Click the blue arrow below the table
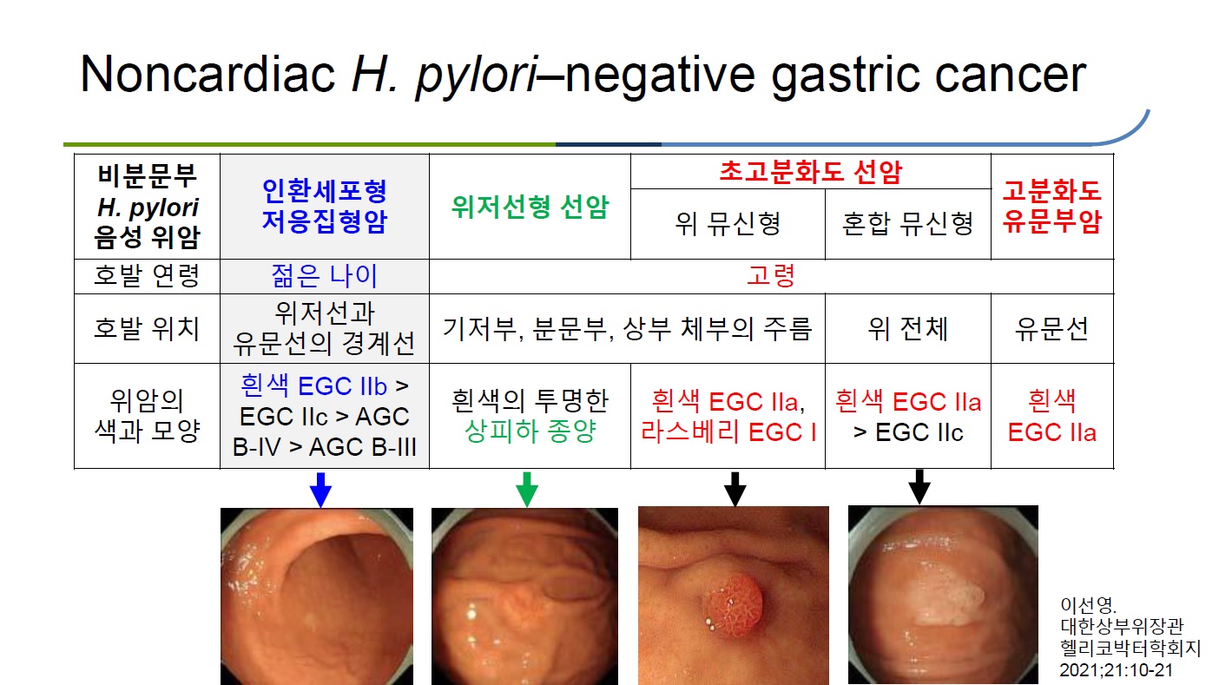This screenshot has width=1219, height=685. (320, 490)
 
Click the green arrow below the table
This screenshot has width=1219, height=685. (526, 489)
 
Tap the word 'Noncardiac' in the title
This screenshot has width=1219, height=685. (208, 74)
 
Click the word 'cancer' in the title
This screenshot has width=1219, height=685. (1010, 75)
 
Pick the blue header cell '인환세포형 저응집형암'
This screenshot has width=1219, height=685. (325, 207)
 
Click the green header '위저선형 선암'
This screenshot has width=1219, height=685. (530, 207)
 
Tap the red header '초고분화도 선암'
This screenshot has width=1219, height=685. (810, 172)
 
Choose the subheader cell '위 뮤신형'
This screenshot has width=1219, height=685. (728, 224)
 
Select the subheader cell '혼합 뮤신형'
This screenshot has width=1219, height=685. (907, 224)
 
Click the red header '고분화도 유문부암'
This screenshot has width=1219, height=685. (1052, 207)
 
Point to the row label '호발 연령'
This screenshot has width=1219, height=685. (147, 276)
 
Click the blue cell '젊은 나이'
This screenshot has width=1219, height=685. (325, 276)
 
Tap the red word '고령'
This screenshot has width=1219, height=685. (771, 276)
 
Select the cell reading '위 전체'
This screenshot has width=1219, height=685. (907, 329)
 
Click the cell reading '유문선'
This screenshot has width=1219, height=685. (1052, 329)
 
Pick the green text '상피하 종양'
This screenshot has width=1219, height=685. (530, 431)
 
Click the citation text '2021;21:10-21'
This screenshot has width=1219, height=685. (1116, 669)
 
